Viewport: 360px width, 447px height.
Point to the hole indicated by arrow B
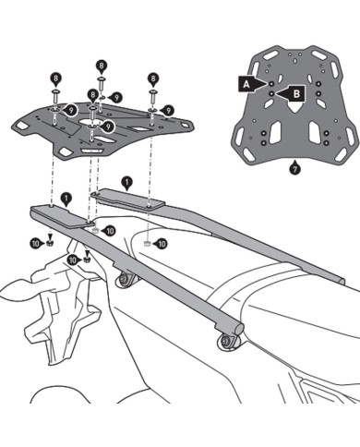[274, 91]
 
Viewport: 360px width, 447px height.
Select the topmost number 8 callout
[100, 66]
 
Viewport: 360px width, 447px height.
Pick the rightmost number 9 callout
[116, 95]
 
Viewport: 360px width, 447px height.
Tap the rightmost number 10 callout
[162, 245]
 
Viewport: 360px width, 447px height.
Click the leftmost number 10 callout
[36, 242]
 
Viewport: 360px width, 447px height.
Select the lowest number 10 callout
[75, 261]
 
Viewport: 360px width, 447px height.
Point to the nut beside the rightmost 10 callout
[148, 244]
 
